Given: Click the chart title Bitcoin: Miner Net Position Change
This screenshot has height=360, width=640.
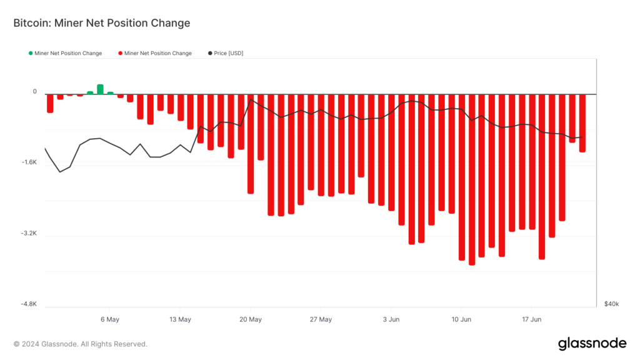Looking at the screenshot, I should (x=101, y=23).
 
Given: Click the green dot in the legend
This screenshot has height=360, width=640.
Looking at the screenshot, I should (x=31, y=53).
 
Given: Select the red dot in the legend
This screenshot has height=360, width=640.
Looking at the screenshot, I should (x=120, y=53).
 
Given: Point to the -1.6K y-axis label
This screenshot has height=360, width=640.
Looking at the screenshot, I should (x=29, y=162).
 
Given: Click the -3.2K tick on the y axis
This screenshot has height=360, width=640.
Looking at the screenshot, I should (x=29, y=234).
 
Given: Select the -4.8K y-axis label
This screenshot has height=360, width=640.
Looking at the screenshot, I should (x=29, y=304).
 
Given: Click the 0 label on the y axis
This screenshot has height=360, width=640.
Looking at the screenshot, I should (x=35, y=92).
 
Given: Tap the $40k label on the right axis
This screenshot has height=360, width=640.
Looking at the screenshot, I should (x=611, y=304).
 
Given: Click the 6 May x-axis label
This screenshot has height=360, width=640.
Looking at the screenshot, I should (x=109, y=319).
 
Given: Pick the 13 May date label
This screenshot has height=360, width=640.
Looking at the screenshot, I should (x=180, y=319).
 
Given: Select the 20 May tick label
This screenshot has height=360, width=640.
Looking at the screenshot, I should (x=250, y=319).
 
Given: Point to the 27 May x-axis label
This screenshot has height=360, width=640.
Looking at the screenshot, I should (x=321, y=319).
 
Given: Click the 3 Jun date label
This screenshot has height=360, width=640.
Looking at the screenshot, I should (x=391, y=319).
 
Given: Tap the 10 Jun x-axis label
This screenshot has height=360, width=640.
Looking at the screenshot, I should (x=461, y=319).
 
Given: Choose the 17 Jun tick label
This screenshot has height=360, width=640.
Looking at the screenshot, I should (x=532, y=319).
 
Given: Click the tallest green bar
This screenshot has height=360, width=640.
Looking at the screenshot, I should (x=100, y=89).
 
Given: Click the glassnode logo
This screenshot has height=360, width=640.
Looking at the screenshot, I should (x=591, y=343).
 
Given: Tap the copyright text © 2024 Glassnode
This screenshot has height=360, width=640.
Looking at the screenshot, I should (x=81, y=344).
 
